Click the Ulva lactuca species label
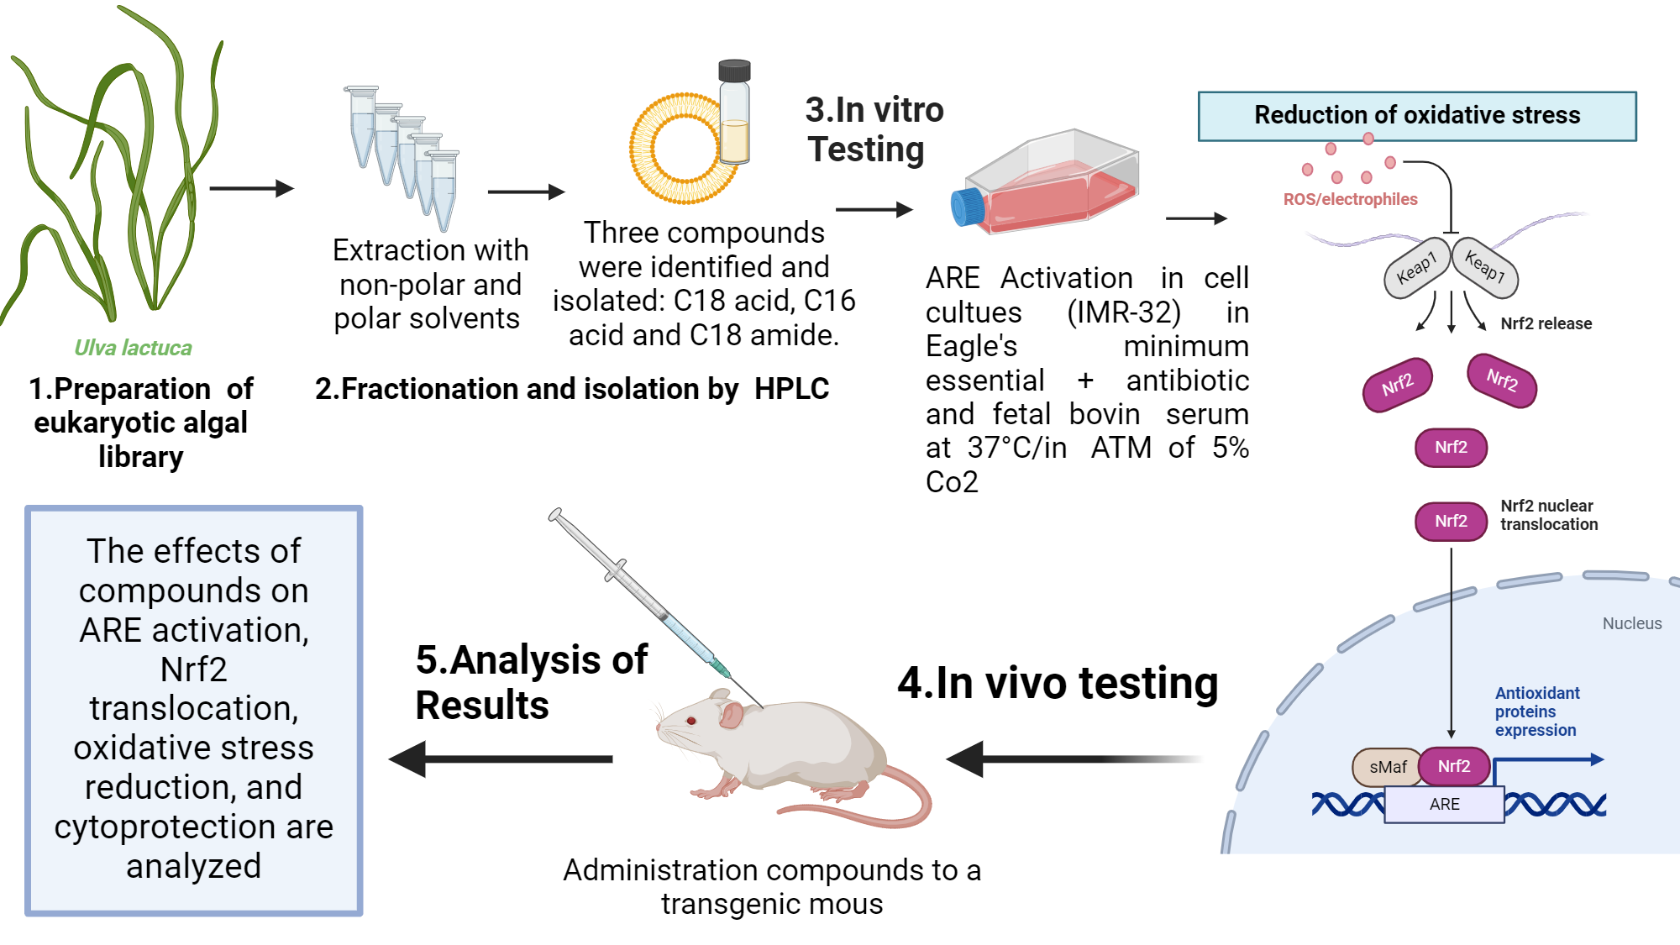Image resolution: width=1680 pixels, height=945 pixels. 133,348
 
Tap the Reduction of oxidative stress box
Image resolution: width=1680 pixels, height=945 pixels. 1417,116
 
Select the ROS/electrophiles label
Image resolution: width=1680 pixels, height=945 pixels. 1350,199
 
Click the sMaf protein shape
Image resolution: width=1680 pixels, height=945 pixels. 1387,767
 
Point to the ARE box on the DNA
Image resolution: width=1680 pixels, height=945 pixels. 1444,804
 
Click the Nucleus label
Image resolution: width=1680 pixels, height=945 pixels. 1631,623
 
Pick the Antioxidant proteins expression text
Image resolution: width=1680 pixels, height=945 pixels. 1536,711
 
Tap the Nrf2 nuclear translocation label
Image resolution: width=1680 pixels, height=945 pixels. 1549,515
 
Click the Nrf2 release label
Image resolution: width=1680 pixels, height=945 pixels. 1546,323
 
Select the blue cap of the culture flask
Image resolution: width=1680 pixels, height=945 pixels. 967,207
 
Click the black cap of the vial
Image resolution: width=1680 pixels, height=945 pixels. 734,70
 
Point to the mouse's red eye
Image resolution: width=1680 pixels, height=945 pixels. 691,721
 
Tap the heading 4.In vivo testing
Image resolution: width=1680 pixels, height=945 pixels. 1058,682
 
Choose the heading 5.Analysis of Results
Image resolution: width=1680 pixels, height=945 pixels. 531,682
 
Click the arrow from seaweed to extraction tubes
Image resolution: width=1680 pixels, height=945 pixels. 251,188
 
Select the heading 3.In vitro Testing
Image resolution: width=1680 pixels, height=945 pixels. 874,129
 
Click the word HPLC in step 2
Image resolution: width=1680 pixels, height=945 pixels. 791,389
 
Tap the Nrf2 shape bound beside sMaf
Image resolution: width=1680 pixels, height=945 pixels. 1454,766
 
